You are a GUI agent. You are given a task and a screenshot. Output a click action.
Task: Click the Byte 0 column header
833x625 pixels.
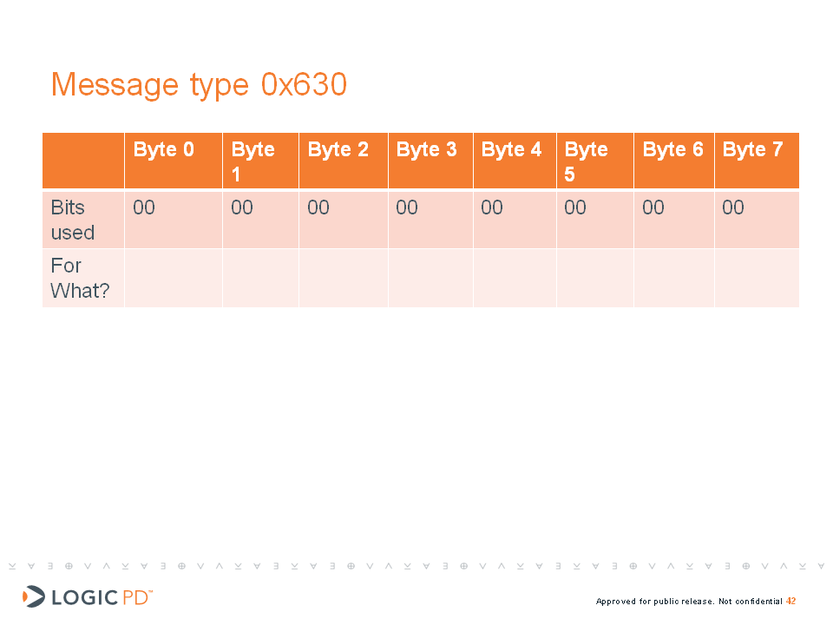tap(164, 150)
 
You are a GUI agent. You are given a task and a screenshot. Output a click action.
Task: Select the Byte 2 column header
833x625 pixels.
tap(338, 150)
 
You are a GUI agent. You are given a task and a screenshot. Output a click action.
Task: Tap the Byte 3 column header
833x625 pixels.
tap(427, 150)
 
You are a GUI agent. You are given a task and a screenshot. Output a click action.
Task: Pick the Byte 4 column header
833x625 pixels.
tap(512, 150)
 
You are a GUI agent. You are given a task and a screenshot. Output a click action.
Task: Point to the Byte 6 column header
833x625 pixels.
tap(673, 150)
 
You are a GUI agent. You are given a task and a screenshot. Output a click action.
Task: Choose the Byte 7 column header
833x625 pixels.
tap(753, 150)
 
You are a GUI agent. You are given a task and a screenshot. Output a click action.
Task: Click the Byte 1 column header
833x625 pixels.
tap(253, 161)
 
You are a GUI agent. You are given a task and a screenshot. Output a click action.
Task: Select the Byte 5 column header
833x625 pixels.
tap(586, 161)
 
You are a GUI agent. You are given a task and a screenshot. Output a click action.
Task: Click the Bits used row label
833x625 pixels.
tap(73, 220)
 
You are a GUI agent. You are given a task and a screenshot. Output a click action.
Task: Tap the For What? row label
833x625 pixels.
tap(80, 278)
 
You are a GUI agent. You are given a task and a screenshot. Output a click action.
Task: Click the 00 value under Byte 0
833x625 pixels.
tap(144, 207)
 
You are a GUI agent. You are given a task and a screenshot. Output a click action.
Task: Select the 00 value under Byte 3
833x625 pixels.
tap(407, 207)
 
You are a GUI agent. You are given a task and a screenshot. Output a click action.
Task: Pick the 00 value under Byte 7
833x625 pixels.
tap(733, 207)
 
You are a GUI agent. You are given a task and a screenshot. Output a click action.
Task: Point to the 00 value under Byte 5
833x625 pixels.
tap(575, 207)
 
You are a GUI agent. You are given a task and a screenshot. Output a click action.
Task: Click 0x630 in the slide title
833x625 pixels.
tap(304, 84)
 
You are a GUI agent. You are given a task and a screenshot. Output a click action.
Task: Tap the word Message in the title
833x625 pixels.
tap(115, 85)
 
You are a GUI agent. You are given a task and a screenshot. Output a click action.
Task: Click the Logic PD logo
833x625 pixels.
tap(88, 597)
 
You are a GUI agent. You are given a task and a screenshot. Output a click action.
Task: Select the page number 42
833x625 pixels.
tap(791, 601)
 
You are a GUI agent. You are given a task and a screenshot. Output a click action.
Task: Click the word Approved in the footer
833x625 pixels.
tap(616, 602)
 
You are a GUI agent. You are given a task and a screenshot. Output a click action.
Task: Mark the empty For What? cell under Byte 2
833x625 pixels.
tap(344, 278)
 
